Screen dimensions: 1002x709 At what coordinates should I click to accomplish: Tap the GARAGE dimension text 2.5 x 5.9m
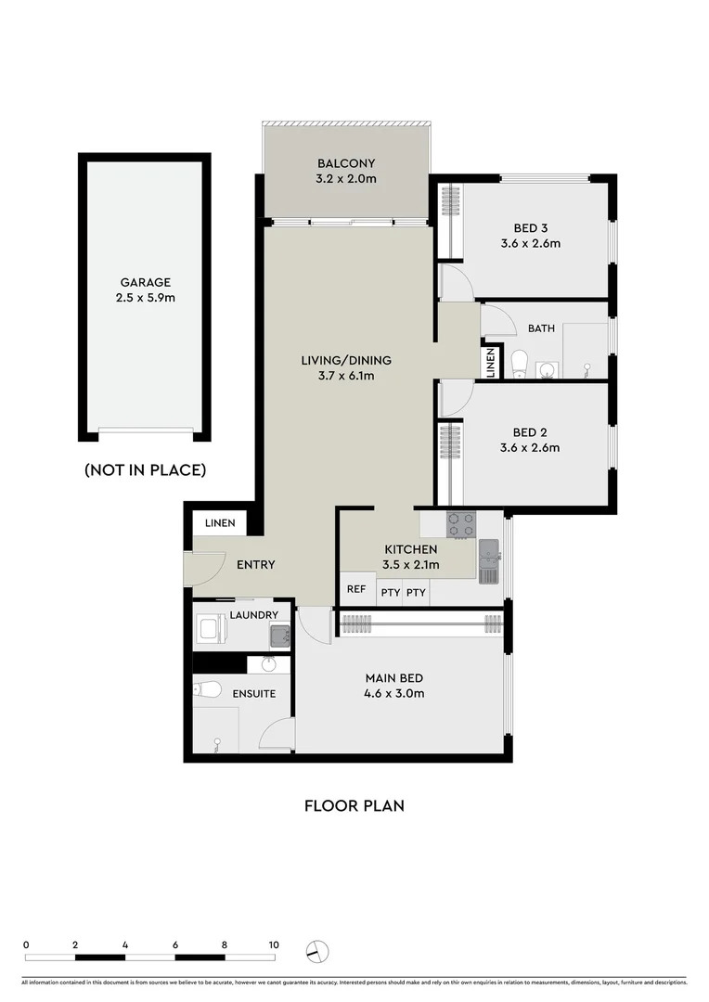(x=146, y=298)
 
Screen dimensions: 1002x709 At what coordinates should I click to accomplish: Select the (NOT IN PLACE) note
(x=145, y=470)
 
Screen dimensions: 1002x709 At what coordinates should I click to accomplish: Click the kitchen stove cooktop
(x=461, y=525)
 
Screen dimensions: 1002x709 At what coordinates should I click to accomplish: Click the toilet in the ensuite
(x=207, y=689)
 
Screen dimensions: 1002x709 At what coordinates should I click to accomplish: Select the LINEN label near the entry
(x=219, y=523)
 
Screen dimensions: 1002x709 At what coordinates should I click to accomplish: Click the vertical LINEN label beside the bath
(x=489, y=362)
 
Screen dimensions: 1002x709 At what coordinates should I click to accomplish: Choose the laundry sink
(x=279, y=636)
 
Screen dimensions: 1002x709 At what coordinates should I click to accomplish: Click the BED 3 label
(x=530, y=228)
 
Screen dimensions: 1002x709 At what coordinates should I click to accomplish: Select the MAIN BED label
(x=395, y=677)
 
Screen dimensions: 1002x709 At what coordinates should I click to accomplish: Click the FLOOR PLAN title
(x=354, y=805)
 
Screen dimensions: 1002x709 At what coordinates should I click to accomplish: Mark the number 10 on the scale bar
(x=273, y=944)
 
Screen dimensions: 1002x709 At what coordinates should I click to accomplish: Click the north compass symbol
(x=318, y=951)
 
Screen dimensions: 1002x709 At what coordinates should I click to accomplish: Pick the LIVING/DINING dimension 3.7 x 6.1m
(x=345, y=376)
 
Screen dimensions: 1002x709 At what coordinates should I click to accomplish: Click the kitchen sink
(x=488, y=560)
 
